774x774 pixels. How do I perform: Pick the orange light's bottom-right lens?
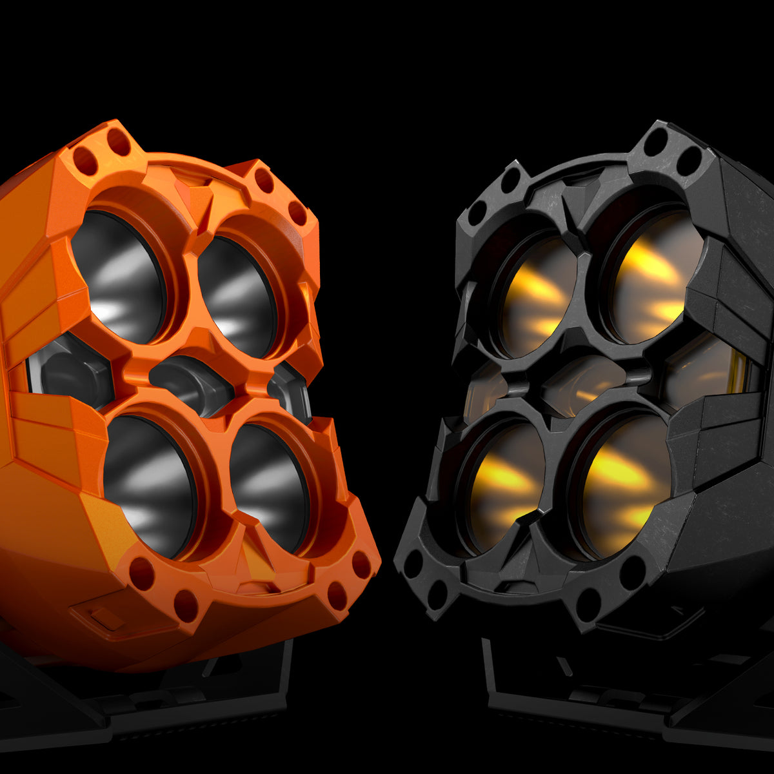268,487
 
